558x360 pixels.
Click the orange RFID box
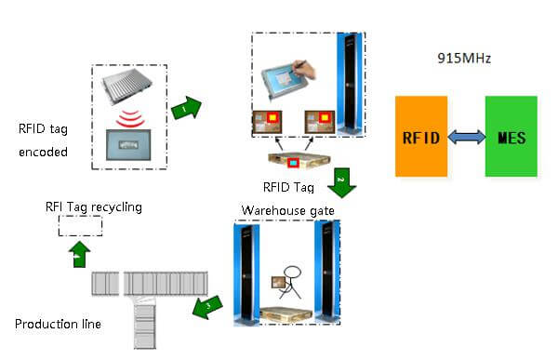(421, 137)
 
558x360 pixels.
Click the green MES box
(511, 137)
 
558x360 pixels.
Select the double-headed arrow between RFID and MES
(466, 138)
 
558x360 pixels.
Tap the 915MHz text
(466, 58)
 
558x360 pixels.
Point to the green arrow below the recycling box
(79, 250)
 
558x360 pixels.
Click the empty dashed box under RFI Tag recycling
(80, 225)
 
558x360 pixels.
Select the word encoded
(43, 151)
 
